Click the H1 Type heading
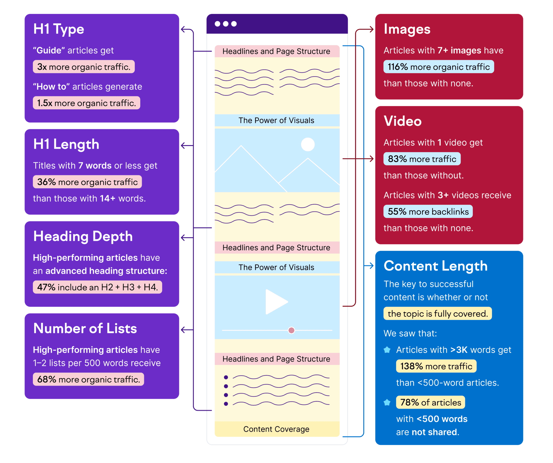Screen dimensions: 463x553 (59, 29)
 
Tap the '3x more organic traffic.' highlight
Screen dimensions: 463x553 (84, 67)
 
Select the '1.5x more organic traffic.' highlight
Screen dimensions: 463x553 (86, 103)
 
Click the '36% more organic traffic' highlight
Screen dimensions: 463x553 (87, 182)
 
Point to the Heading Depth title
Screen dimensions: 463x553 (83, 236)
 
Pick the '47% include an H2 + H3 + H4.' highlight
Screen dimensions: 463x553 (97, 287)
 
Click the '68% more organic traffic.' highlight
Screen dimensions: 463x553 (88, 379)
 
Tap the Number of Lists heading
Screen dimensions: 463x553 (85, 329)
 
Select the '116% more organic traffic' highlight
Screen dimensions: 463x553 (438, 67)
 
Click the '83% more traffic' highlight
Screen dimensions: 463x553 (422, 159)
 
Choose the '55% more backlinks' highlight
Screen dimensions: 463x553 (428, 212)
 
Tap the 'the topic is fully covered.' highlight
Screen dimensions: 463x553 (437, 314)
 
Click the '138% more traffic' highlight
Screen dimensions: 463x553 (436, 366)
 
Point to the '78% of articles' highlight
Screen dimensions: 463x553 (430, 402)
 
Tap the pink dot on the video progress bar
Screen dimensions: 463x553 (291, 330)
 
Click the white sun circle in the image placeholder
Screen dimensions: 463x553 (308, 145)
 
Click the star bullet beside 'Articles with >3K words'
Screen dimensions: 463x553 (387, 350)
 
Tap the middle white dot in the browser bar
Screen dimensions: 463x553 (226, 24)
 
